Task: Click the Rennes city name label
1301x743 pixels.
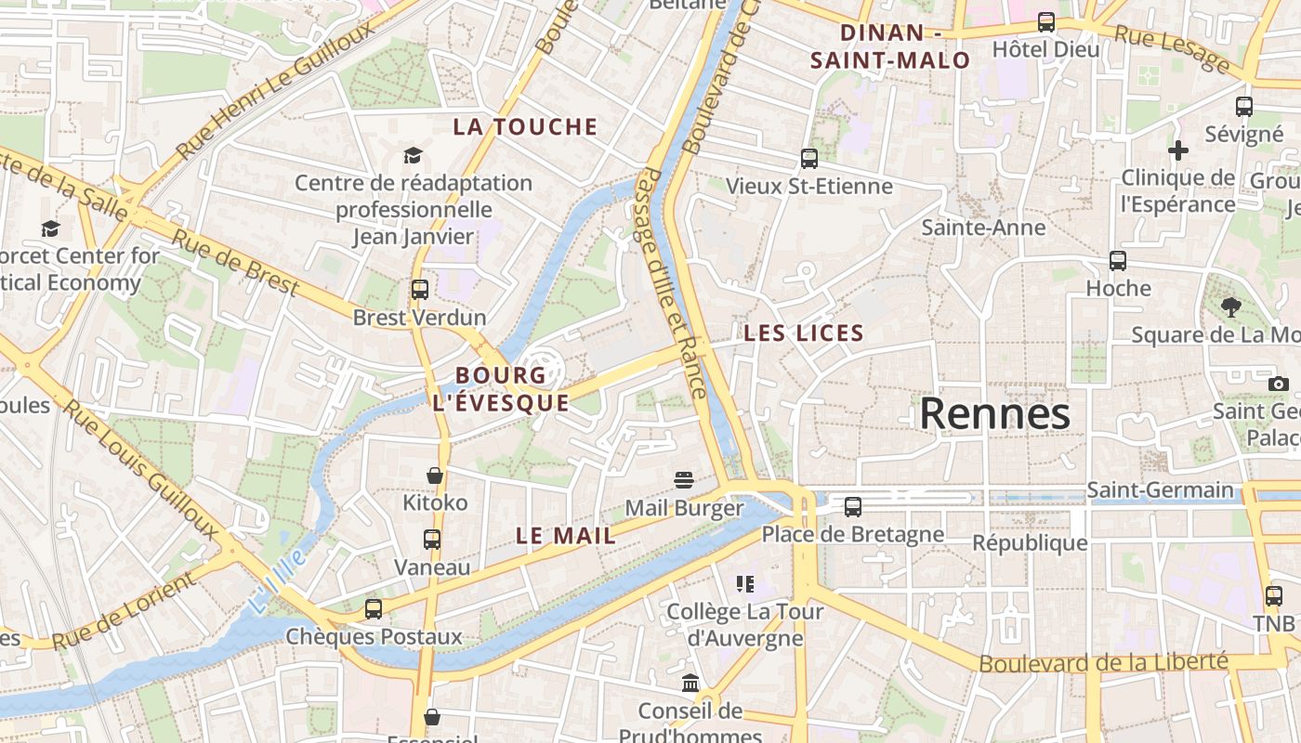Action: pyautogui.click(x=994, y=414)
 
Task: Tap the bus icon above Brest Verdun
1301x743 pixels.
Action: pyautogui.click(x=420, y=289)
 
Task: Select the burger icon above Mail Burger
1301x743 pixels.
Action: pyautogui.click(x=685, y=480)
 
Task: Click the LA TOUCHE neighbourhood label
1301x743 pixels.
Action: pyautogui.click(x=525, y=127)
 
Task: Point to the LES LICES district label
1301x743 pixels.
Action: pyautogui.click(x=804, y=333)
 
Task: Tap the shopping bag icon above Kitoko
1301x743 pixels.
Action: pyautogui.click(x=434, y=476)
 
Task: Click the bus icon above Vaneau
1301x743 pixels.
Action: pyautogui.click(x=432, y=539)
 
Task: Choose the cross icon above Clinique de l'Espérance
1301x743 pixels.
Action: pyautogui.click(x=1178, y=150)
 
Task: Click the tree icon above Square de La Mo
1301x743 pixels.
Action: pyautogui.click(x=1231, y=306)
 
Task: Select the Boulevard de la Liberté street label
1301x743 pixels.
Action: pyautogui.click(x=1103, y=663)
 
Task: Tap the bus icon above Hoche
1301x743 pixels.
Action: pyautogui.click(x=1118, y=261)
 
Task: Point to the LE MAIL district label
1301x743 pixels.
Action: pyautogui.click(x=566, y=536)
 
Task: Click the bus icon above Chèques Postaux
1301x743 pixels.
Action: pyautogui.click(x=374, y=609)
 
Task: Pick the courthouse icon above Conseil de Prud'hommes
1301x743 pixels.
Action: pyautogui.click(x=690, y=684)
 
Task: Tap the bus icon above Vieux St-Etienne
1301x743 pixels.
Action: pyautogui.click(x=809, y=159)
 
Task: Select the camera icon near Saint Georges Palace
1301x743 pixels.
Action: pyautogui.click(x=1279, y=384)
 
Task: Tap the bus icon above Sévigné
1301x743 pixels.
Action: pyautogui.click(x=1244, y=107)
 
